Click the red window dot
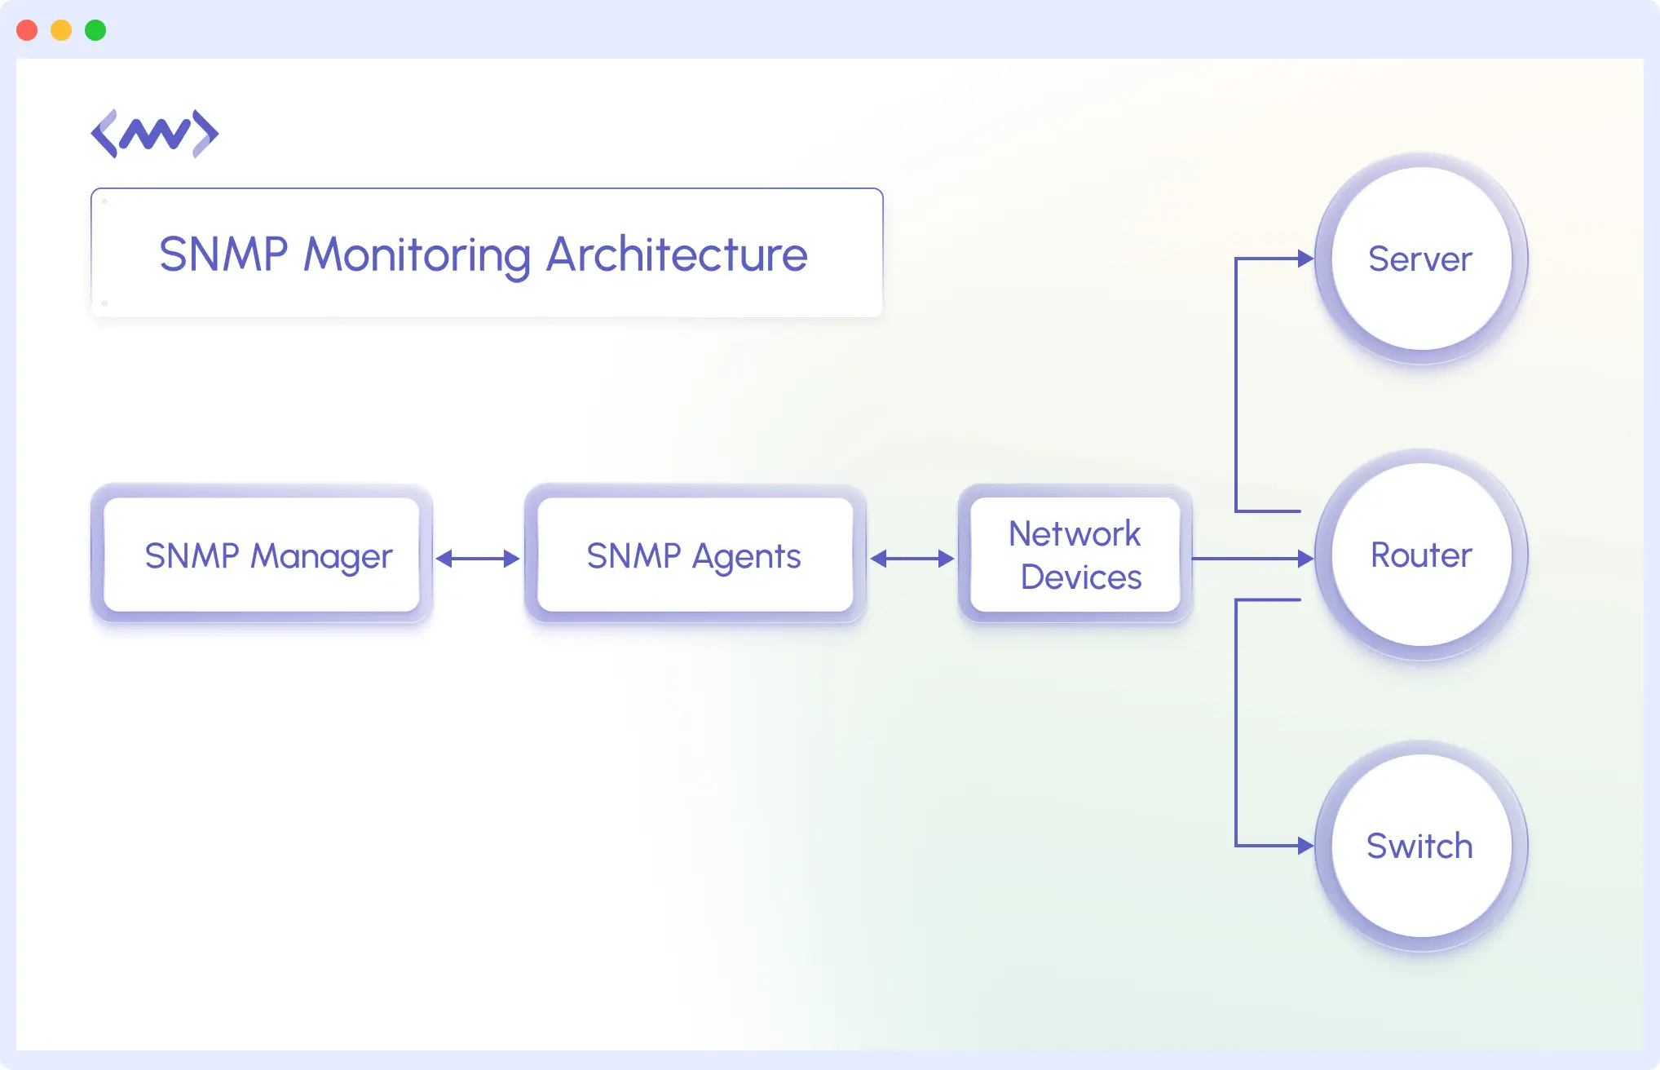[27, 30]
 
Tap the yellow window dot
[61, 30]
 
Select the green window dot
[95, 30]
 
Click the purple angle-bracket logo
[154, 134]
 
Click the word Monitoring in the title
[417, 255]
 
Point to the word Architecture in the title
[676, 254]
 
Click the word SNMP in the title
[223, 254]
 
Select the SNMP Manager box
[262, 555]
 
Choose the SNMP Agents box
[695, 555]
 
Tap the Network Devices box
[1075, 555]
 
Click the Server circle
[1420, 259]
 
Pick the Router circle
[1420, 555]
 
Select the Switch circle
[1420, 847]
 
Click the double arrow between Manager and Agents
[478, 559]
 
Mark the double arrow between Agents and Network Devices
[912, 559]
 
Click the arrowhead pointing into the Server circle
[1305, 259]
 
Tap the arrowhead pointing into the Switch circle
[1305, 846]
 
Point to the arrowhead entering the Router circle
[1305, 559]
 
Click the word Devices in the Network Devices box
[1080, 577]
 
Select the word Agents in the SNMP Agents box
[746, 557]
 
